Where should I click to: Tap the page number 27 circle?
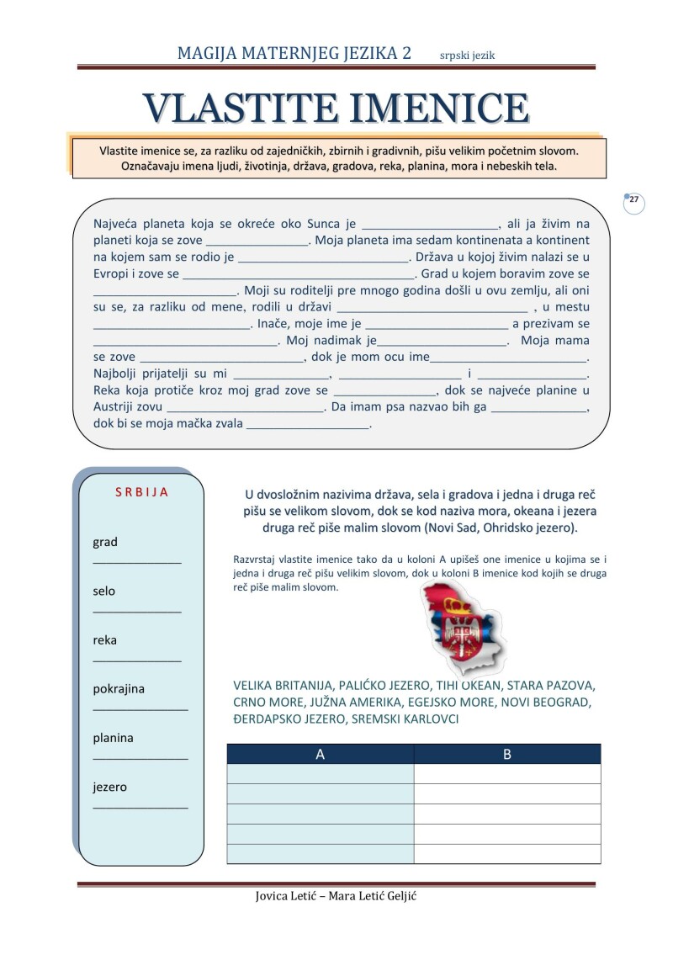coord(634,203)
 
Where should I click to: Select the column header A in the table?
coord(320,754)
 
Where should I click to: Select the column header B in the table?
coord(506,754)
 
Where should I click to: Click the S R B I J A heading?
coord(141,492)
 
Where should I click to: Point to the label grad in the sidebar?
coord(105,542)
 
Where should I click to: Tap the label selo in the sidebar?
coord(104,591)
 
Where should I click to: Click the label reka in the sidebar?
coord(105,639)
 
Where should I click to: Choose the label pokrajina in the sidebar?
coord(119,688)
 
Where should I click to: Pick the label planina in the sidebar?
coord(113,738)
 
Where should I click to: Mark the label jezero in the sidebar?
coord(110,788)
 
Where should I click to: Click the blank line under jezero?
coord(140,807)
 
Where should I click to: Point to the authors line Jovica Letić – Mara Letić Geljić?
coord(336,895)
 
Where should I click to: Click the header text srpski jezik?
coord(467,56)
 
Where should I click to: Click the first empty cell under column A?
coord(320,773)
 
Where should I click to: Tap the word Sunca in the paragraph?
coord(323,224)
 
